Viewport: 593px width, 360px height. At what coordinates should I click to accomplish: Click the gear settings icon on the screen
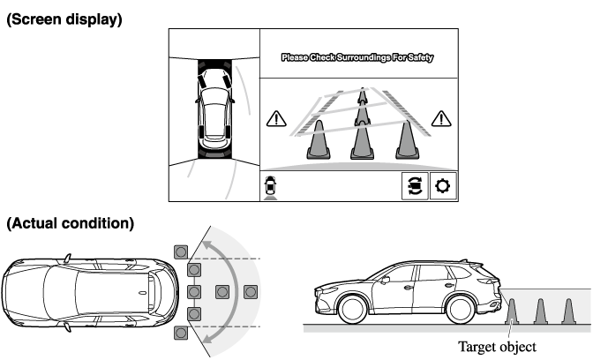click(443, 186)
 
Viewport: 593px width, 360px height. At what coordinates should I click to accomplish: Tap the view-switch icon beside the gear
click(415, 186)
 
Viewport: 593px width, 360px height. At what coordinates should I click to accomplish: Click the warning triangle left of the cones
click(276, 119)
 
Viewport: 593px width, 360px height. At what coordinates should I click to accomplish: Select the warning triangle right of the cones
click(441, 119)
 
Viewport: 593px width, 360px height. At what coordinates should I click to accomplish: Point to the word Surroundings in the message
click(364, 57)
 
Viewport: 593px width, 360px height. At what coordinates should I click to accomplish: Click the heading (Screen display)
click(64, 19)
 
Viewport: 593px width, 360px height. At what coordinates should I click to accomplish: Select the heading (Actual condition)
click(71, 223)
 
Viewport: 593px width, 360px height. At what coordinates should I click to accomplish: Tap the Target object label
click(497, 347)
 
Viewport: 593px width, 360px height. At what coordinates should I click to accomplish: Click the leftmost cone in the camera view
click(319, 140)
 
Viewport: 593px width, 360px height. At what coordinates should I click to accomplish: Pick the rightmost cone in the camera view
click(407, 140)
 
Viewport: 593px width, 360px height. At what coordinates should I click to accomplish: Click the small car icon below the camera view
click(270, 185)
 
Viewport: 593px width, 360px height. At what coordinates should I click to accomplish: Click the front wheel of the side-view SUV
click(352, 309)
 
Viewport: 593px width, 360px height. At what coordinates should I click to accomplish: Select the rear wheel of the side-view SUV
click(461, 309)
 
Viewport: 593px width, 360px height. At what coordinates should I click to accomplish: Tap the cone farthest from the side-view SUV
click(568, 312)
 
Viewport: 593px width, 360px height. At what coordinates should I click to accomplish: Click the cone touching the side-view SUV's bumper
click(512, 312)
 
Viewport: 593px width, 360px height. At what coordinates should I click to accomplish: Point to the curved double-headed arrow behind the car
click(236, 292)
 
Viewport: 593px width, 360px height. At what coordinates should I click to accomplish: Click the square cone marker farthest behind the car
click(251, 292)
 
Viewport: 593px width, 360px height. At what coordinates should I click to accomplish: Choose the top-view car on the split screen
click(214, 109)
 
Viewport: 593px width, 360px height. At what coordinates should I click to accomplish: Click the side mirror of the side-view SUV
click(386, 281)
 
